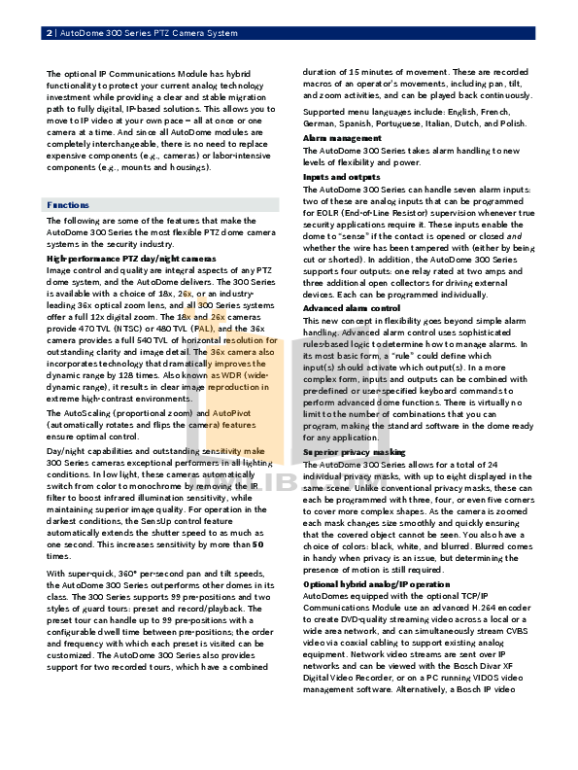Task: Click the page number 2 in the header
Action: click(50, 34)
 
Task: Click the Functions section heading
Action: click(68, 206)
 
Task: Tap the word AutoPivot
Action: click(229, 413)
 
